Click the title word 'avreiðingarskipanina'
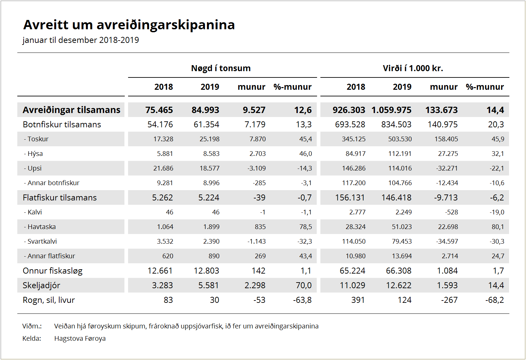tap(166, 25)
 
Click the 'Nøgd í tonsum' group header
tap(221, 68)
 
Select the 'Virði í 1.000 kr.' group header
tap(413, 68)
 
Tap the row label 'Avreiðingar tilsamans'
tap(72, 110)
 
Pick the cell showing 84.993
tap(205, 110)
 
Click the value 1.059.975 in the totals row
tap(392, 110)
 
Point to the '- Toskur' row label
tap(36, 139)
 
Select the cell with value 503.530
tap(400, 139)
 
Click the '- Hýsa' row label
tap(33, 154)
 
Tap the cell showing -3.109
tap(257, 168)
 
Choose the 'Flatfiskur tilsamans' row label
tap(60, 197)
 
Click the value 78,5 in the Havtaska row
tap(305, 227)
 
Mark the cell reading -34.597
tap(447, 241)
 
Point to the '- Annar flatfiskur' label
tap(49, 256)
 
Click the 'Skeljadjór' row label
tap(41, 286)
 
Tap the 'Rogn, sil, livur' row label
tap(49, 300)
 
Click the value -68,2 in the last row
tap(494, 300)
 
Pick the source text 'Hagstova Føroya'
tap(80, 338)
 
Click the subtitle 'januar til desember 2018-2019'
tap(81, 40)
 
